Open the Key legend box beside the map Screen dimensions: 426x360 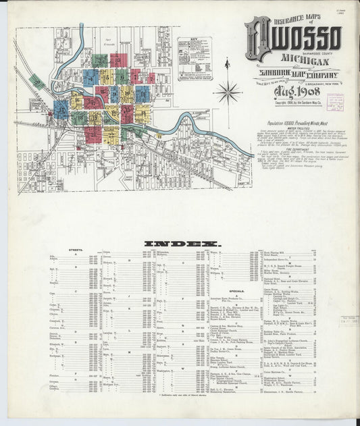[194, 59]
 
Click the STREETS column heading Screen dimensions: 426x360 [76, 250]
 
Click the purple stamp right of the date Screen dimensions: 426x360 [335, 102]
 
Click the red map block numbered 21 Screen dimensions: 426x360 [92, 134]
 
